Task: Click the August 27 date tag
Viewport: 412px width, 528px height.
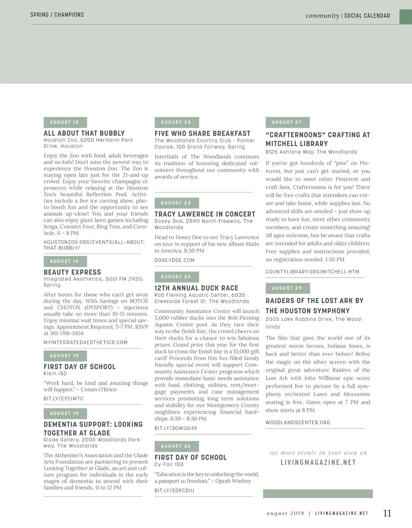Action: pyautogui.click(x=287, y=122)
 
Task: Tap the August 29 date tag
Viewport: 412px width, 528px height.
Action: pyautogui.click(x=287, y=288)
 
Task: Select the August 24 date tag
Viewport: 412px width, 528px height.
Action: pyautogui.click(x=176, y=277)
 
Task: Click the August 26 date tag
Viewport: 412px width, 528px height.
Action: pyautogui.click(x=176, y=446)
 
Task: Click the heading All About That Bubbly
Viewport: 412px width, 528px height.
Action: pyautogui.click(x=84, y=133)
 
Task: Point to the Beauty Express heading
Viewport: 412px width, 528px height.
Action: pyautogui.click(x=72, y=272)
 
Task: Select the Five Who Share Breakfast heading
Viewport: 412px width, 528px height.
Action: pyautogui.click(x=203, y=134)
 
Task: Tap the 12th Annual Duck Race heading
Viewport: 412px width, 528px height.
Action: pyautogui.click(x=196, y=288)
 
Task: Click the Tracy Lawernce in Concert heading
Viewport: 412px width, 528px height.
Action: pyautogui.click(x=205, y=214)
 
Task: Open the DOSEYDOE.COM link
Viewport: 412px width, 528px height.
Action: pyautogui.click(x=174, y=260)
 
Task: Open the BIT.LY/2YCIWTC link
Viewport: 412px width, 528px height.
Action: pyautogui.click(x=64, y=399)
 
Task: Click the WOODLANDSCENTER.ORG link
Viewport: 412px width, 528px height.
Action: pyautogui.click(x=298, y=423)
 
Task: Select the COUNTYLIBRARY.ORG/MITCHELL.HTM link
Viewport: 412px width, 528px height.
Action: pyautogui.click(x=312, y=272)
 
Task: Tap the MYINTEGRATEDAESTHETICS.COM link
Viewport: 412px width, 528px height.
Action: pyautogui.click(x=85, y=342)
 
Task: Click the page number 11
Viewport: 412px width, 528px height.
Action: pyautogui.click(x=387, y=513)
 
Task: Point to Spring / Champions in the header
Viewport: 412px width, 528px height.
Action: pyautogui.click(x=57, y=15)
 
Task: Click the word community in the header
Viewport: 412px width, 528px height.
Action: pyautogui.click(x=322, y=15)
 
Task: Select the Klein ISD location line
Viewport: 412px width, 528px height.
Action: pyautogui.click(x=55, y=374)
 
